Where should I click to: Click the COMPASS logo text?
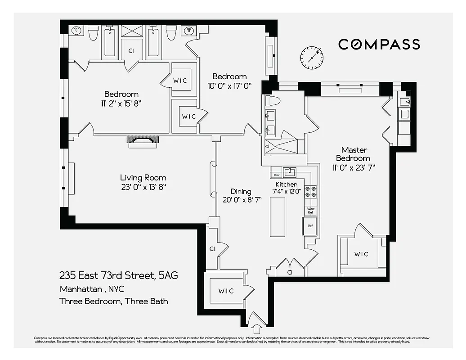tap(379, 44)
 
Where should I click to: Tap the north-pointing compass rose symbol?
tap(312, 57)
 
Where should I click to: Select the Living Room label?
tap(143, 178)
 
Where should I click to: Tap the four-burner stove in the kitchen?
tap(311, 192)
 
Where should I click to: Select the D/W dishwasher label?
tap(275, 175)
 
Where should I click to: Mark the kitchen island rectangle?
tap(278, 216)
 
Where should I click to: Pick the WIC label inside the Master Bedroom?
tap(361, 254)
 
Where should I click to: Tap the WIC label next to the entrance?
tap(226, 291)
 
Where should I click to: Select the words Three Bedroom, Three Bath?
tap(114, 301)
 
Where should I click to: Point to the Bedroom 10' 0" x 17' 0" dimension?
tap(229, 85)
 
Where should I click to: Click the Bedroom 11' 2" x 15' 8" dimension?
tap(121, 103)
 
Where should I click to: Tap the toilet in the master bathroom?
tap(273, 100)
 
